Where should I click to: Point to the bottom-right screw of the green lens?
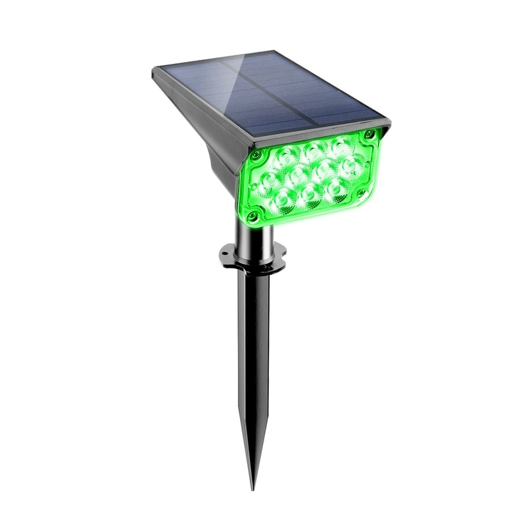(360, 193)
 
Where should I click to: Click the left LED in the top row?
(284, 157)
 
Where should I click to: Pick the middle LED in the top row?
(312, 150)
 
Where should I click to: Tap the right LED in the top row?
(340, 145)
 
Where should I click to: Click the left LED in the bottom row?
(284, 200)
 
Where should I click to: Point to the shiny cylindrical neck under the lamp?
(253, 233)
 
